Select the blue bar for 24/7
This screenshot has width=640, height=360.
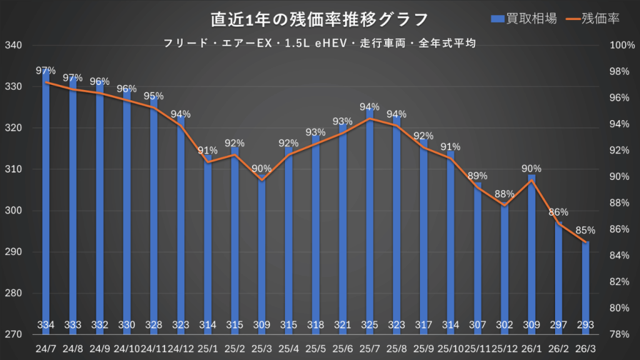[x=46, y=200]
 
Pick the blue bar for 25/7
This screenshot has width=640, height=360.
[x=369, y=219]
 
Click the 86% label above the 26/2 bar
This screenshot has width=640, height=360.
[x=559, y=212]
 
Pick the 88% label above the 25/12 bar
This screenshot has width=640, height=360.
[x=504, y=193]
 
